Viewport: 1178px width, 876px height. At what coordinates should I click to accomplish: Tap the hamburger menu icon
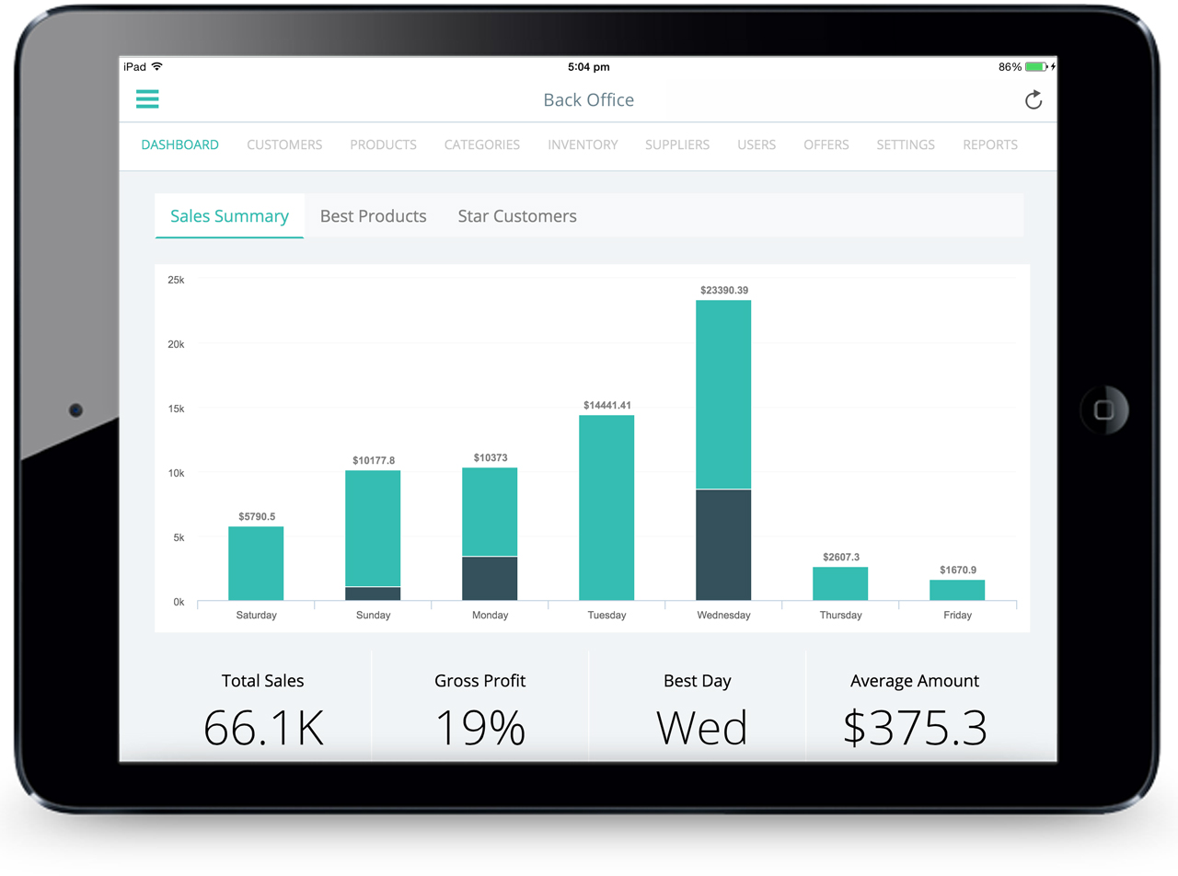pyautogui.click(x=147, y=99)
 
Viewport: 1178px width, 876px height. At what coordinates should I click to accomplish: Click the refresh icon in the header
pyautogui.click(x=1034, y=99)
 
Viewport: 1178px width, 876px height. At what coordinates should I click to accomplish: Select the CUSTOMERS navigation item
pyautogui.click(x=284, y=144)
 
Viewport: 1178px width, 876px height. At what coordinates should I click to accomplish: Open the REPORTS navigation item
pyautogui.click(x=989, y=144)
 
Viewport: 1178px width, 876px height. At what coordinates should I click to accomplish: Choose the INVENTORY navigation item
pyautogui.click(x=583, y=144)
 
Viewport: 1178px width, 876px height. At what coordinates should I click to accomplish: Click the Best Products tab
pyautogui.click(x=373, y=216)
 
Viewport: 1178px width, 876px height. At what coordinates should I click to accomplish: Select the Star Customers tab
pyautogui.click(x=517, y=216)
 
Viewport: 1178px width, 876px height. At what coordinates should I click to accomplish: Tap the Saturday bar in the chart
pyautogui.click(x=256, y=563)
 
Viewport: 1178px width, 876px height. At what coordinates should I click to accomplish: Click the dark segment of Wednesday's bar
pyautogui.click(x=723, y=545)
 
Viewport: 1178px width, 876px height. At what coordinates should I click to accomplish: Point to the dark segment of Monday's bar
pyautogui.click(x=490, y=578)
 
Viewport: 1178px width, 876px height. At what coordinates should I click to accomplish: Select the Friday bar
pyautogui.click(x=957, y=590)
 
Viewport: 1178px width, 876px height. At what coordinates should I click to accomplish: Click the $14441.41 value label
pyautogui.click(x=607, y=405)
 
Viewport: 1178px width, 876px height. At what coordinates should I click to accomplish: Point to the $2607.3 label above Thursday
pyautogui.click(x=840, y=557)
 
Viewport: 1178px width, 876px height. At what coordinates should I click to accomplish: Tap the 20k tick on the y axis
pyautogui.click(x=175, y=344)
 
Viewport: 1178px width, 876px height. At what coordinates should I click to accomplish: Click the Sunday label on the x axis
pyautogui.click(x=373, y=615)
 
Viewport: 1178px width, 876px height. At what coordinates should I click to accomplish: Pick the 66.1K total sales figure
pyautogui.click(x=263, y=728)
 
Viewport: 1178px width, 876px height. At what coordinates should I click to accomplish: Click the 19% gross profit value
pyautogui.click(x=479, y=728)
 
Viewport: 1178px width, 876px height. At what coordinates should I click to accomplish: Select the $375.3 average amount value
pyautogui.click(x=915, y=728)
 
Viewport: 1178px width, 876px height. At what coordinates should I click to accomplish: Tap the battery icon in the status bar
pyautogui.click(x=1036, y=67)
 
